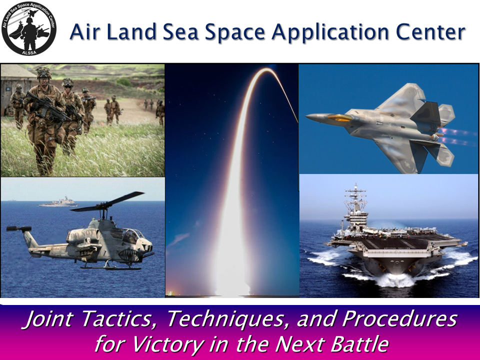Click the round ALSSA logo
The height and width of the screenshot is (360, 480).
(x=29, y=29)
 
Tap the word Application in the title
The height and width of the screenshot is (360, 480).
(x=331, y=32)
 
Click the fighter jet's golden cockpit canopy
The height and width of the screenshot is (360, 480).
(x=339, y=117)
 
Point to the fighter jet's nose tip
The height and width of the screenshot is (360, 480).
(x=306, y=117)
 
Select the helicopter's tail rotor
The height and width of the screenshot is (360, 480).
(x=19, y=228)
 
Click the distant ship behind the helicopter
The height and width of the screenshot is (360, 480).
(x=58, y=202)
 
